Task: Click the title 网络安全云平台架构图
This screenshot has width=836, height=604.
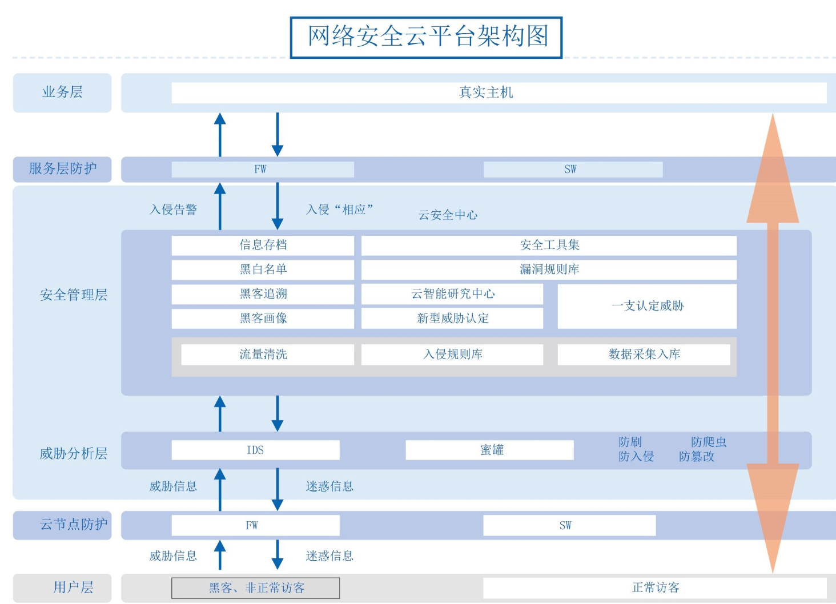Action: pyautogui.click(x=427, y=37)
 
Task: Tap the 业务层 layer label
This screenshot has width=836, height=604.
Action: pyautogui.click(x=62, y=92)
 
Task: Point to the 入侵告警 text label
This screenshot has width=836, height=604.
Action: pyautogui.click(x=173, y=210)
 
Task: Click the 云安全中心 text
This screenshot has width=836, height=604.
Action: pyautogui.click(x=448, y=215)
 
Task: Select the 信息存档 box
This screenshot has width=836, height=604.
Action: pyautogui.click(x=263, y=245)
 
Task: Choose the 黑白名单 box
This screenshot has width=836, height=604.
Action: pyautogui.click(x=263, y=269)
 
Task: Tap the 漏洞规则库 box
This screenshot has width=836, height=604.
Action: pyautogui.click(x=549, y=269)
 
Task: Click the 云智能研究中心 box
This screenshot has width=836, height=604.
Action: pyautogui.click(x=452, y=294)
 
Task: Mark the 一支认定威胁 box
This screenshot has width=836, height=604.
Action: pyautogui.click(x=647, y=306)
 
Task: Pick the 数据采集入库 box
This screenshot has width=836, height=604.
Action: pyautogui.click(x=644, y=355)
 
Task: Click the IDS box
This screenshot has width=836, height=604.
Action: pyautogui.click(x=255, y=450)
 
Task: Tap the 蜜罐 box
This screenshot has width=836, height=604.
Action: pyautogui.click(x=489, y=450)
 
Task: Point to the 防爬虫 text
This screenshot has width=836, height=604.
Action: pyautogui.click(x=708, y=442)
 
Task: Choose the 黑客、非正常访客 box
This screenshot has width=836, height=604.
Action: pyautogui.click(x=255, y=588)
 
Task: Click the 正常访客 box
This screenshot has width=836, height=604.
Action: pyautogui.click(x=655, y=588)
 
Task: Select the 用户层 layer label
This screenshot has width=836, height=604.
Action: pyautogui.click(x=73, y=587)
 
